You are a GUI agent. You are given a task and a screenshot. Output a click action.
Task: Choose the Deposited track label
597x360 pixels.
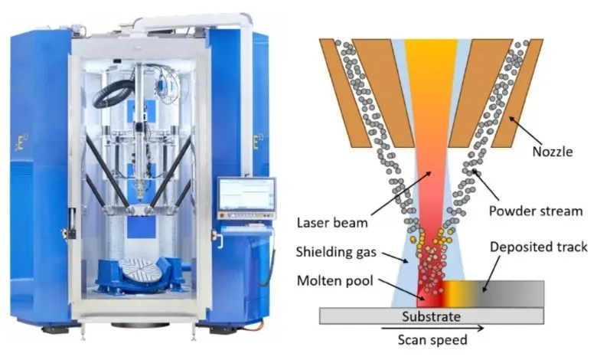click(x=539, y=247)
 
